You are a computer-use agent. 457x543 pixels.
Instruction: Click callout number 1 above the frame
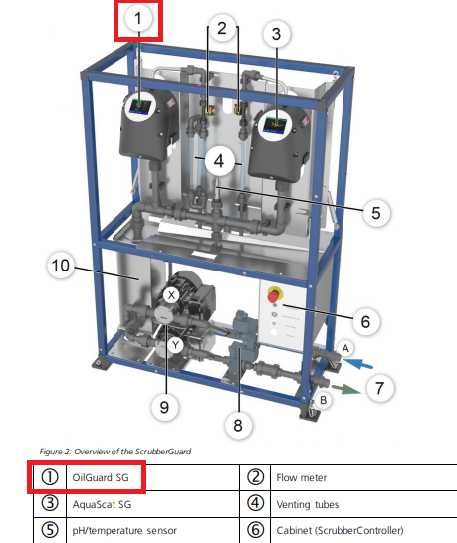click(x=138, y=18)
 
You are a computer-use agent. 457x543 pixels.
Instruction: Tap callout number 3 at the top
click(x=276, y=34)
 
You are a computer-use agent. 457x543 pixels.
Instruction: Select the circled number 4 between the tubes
click(x=218, y=161)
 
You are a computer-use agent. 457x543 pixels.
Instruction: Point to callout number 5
click(x=376, y=212)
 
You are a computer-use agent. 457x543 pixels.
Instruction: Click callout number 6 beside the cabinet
click(x=365, y=321)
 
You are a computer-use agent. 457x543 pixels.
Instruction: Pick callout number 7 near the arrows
click(x=379, y=388)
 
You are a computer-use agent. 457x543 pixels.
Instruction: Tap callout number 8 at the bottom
click(x=238, y=425)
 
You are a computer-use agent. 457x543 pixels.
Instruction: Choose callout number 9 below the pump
click(x=164, y=407)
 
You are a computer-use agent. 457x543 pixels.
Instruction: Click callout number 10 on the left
click(x=61, y=266)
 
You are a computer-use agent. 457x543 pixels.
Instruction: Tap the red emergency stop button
click(x=273, y=296)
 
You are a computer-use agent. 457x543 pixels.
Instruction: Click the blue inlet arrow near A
click(x=358, y=364)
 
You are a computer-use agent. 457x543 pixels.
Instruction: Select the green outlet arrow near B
click(x=346, y=389)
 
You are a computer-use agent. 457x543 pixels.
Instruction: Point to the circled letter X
click(x=171, y=295)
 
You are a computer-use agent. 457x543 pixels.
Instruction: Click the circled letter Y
click(x=176, y=345)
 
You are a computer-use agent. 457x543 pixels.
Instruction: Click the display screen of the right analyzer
click(x=275, y=125)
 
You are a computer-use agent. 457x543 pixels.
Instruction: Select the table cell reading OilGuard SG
click(x=101, y=478)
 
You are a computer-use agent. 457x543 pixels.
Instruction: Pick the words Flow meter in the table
click(x=302, y=478)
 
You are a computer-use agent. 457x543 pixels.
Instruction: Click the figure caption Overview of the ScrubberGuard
click(x=115, y=452)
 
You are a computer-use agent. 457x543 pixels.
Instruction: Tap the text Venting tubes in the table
click(x=308, y=504)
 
